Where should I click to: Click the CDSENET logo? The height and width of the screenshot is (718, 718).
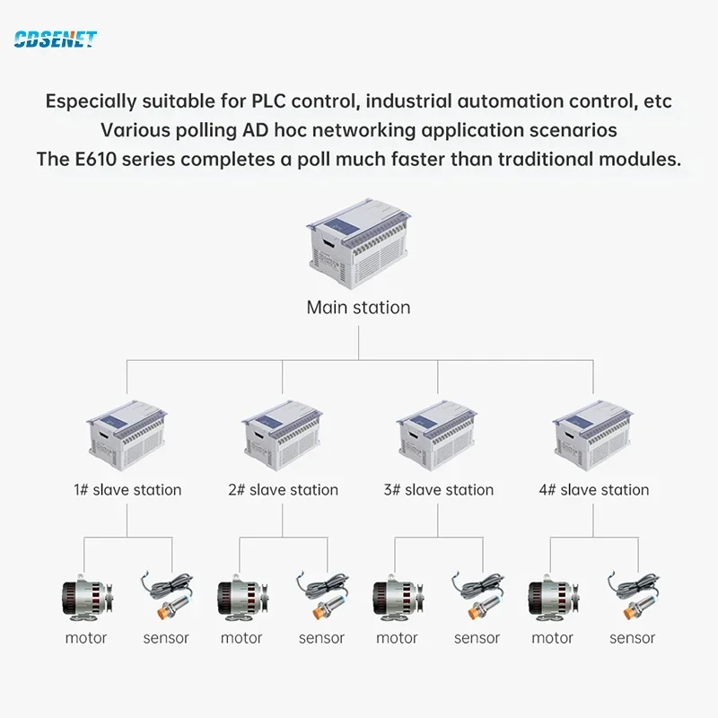point(55,39)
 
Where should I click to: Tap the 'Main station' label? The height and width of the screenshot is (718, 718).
point(358,307)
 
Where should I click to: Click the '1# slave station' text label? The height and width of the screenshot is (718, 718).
point(127,490)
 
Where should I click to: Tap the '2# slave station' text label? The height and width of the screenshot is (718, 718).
point(283,490)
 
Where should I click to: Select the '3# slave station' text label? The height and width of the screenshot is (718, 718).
point(438,490)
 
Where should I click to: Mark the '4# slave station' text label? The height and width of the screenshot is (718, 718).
point(593,490)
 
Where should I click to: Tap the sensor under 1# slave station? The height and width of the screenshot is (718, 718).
point(166,594)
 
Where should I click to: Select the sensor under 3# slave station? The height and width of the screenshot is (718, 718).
point(477,594)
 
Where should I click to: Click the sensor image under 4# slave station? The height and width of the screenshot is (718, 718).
point(632,594)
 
